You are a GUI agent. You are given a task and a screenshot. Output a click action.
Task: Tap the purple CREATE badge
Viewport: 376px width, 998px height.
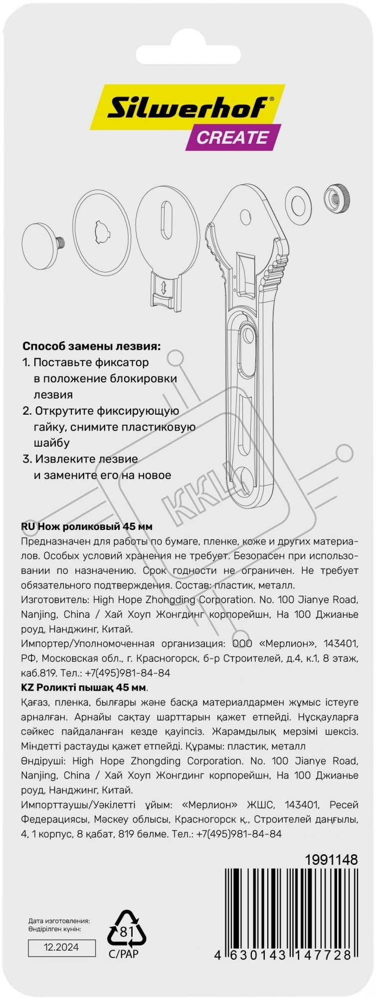pos(232,137)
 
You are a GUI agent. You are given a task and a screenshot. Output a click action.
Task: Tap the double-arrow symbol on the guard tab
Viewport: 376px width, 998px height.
pos(164,286)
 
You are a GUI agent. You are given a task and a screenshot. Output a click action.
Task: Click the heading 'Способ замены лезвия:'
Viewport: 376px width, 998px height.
pos(92,346)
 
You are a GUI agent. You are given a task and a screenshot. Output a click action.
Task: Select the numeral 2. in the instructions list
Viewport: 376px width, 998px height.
pos(27,411)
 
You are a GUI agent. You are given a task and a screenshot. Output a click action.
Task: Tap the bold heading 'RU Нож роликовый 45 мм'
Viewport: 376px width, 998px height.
pos(87,526)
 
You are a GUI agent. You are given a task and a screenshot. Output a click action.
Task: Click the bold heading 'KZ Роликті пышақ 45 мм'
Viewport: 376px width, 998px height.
pos(84,687)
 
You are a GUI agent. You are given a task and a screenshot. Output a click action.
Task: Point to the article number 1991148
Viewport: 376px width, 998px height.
pos(331,859)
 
